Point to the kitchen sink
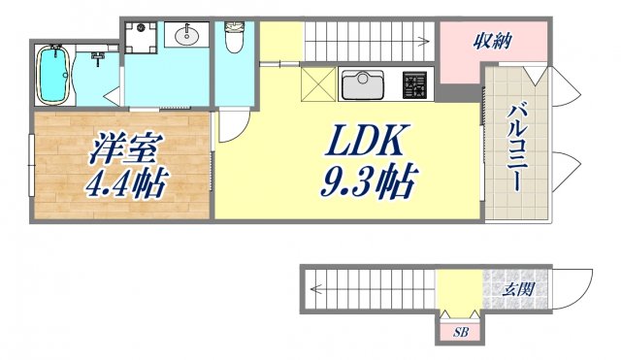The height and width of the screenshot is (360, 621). [362, 84]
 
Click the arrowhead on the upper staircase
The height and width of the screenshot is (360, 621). [425, 41]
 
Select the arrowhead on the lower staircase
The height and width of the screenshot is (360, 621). [314, 287]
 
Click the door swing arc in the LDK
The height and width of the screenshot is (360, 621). [231, 125]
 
